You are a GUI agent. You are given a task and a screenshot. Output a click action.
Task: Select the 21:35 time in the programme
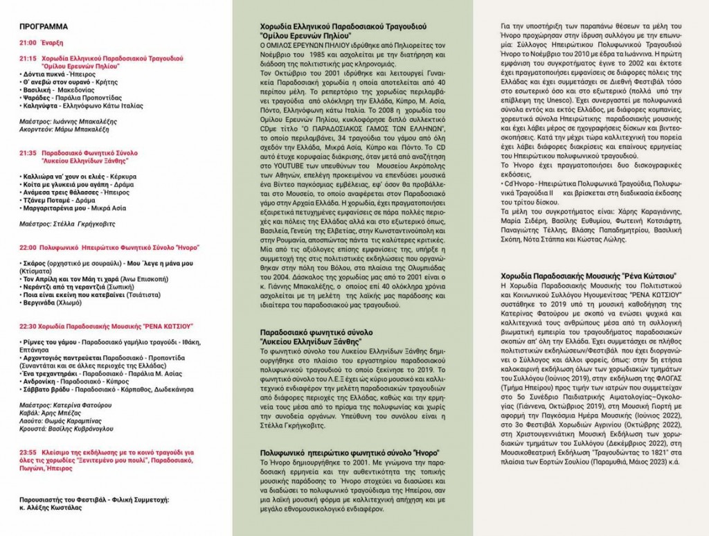[x=28, y=152]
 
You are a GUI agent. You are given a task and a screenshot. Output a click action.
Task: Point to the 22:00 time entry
[x=28, y=246]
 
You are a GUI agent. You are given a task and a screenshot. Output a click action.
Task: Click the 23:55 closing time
[x=28, y=451]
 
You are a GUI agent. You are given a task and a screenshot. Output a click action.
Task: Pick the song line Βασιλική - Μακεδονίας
[x=56, y=89]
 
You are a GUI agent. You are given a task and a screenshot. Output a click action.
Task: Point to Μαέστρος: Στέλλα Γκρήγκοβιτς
[x=64, y=224]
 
